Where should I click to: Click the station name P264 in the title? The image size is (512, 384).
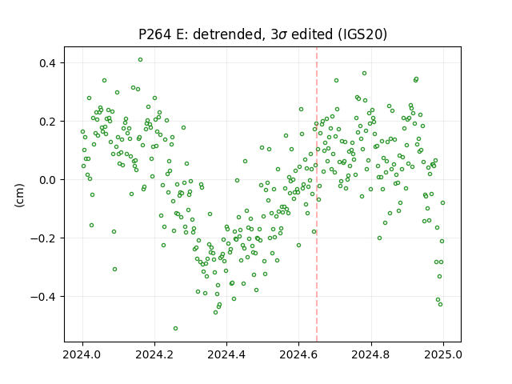154,34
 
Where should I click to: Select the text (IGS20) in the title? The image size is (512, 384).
362,34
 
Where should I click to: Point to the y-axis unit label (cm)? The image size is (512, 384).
19,195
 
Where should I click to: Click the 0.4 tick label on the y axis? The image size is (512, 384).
47,63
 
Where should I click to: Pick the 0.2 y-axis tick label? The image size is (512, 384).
47,122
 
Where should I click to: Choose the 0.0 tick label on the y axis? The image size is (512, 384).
47,180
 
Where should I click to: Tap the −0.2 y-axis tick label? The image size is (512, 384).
43,238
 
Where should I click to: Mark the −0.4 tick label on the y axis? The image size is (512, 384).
43,297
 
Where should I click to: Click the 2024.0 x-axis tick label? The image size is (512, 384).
82,354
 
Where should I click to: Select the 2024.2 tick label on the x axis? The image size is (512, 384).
154,354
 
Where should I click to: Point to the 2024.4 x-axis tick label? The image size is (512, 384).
226,354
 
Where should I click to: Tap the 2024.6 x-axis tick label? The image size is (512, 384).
298,354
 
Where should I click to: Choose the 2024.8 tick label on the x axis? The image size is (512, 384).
371,354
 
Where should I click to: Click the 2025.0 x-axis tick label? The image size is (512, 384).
443,354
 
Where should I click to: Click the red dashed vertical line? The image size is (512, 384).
317,194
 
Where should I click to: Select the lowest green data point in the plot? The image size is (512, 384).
175,328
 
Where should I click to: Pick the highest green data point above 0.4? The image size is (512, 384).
141,59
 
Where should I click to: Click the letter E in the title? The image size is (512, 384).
180,34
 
